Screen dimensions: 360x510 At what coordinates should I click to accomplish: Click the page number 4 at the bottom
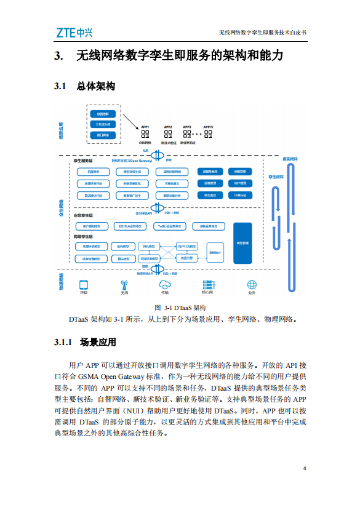pos(305,469)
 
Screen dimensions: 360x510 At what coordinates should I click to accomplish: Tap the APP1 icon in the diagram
pos(146,133)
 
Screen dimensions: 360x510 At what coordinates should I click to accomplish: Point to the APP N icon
pos(208,133)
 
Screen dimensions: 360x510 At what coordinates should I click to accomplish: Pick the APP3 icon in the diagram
pos(187,133)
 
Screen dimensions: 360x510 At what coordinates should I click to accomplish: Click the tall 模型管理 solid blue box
pos(242,243)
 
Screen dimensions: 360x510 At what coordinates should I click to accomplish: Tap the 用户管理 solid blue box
pos(241,183)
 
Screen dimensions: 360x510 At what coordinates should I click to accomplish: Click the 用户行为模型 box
pos(187,246)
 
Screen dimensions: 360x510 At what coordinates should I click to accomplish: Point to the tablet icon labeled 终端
pos(84,285)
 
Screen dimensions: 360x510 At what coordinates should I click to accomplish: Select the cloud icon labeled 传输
pos(164,284)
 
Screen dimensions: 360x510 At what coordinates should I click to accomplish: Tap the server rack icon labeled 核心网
pos(207,284)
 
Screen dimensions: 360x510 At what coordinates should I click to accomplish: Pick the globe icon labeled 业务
pos(252,284)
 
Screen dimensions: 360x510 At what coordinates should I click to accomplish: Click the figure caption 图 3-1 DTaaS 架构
pos(180,308)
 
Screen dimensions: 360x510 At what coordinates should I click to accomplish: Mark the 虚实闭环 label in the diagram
pos(289,158)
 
